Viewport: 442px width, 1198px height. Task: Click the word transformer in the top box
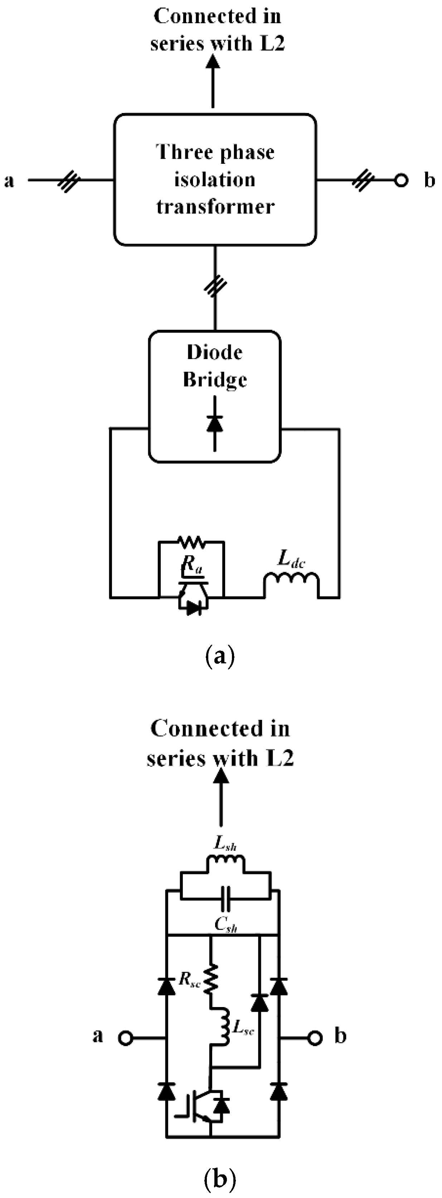click(x=215, y=206)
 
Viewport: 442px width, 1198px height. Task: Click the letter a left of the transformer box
click(x=9, y=181)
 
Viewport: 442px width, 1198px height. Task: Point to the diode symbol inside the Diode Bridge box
click(x=215, y=423)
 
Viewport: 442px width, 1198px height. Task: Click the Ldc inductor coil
click(x=292, y=584)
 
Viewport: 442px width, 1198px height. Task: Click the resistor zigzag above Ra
click(x=191, y=541)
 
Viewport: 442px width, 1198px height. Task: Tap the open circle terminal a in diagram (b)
click(x=126, y=1039)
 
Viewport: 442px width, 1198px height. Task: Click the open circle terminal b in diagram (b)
click(x=315, y=1038)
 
